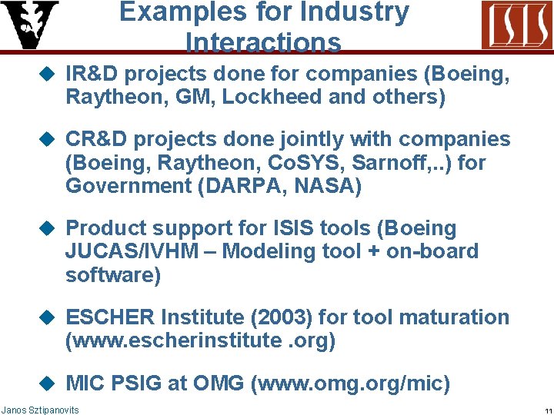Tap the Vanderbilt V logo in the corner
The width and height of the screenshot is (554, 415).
[29, 25]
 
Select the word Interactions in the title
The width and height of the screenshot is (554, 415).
[263, 43]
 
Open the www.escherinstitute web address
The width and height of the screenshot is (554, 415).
[200, 340]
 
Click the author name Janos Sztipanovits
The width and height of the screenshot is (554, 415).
[40, 410]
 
